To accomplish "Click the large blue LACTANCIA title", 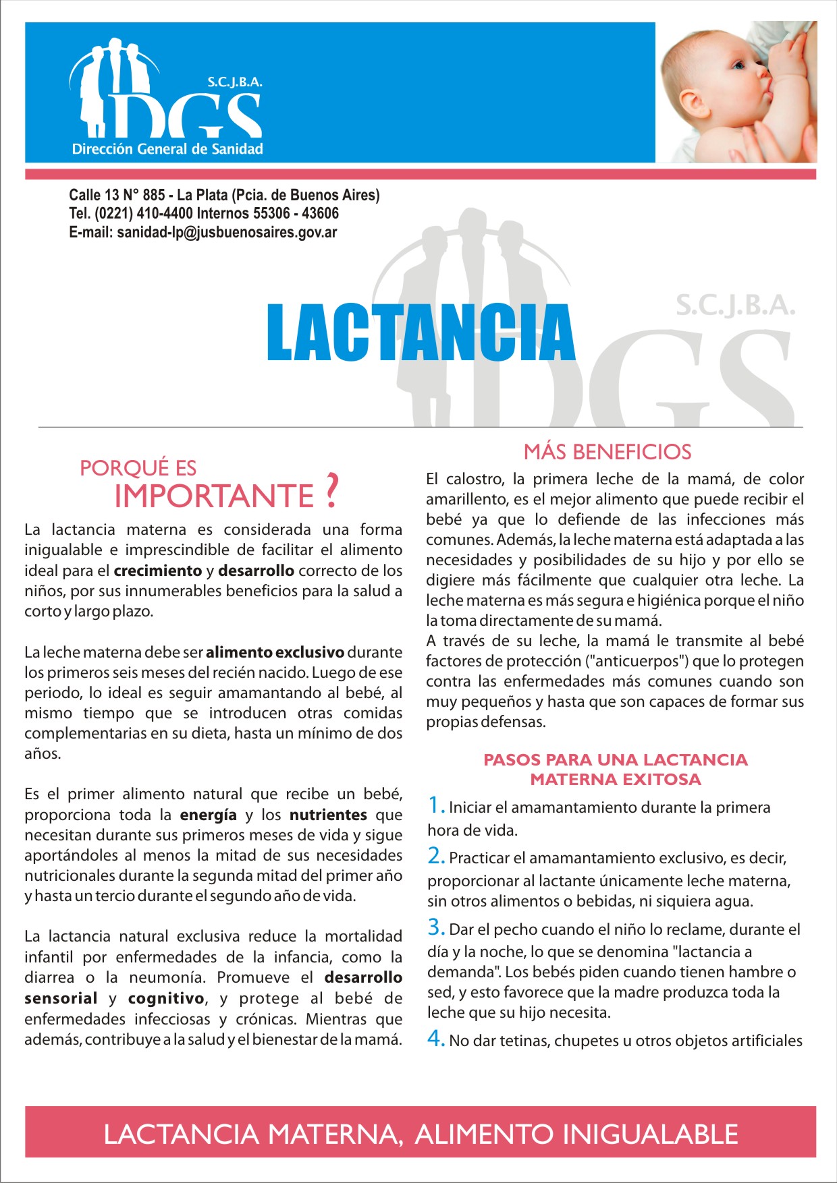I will (421, 333).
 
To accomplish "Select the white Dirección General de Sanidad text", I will (167, 149).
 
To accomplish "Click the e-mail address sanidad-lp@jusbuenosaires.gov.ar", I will (227, 233).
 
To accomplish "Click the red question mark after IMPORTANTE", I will (331, 492).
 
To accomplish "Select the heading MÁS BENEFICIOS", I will (607, 452).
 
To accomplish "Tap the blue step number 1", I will (435, 805).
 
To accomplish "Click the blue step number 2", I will (435, 856).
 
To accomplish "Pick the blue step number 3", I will (435, 927).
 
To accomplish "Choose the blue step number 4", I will (435, 1039).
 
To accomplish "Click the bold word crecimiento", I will (158, 571).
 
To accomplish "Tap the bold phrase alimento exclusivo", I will (275, 652).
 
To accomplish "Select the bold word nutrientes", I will (328, 815).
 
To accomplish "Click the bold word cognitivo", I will (166, 998).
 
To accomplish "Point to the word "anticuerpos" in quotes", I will (636, 661).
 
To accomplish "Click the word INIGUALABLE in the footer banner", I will (651, 1134).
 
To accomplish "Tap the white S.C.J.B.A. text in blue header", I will (234, 83).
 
